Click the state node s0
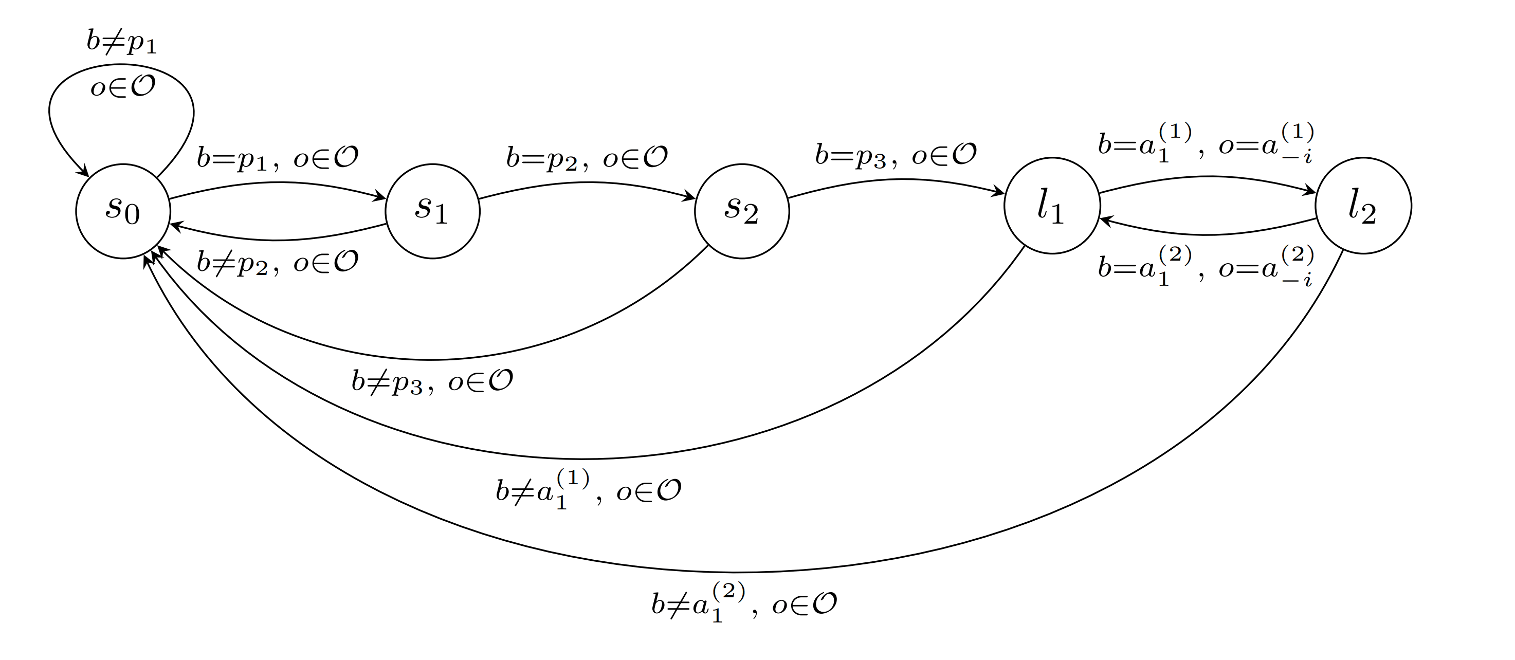[123, 211]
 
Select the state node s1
[432, 211]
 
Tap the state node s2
[742, 211]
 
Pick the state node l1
[1052, 205]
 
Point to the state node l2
[1363, 205]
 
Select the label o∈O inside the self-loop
[123, 87]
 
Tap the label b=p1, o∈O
[277, 158]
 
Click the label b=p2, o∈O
[587, 158]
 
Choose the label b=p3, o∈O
[895, 155]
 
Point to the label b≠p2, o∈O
[277, 262]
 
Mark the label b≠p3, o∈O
[432, 382]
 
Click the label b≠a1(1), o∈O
[588, 489]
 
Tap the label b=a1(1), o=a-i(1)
[1206, 143]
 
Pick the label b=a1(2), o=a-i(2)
[1206, 266]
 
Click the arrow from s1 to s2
[587, 182]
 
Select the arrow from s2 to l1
[896, 179]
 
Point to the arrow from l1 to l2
[1207, 176]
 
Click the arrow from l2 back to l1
[1207, 234]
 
